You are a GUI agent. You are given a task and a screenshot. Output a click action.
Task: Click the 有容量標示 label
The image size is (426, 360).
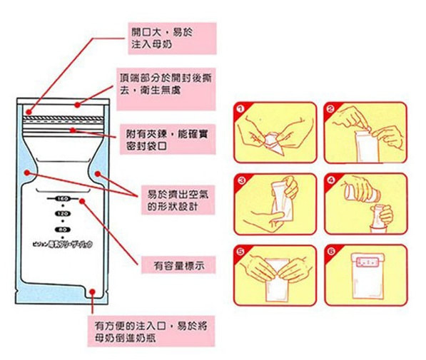click(178, 265)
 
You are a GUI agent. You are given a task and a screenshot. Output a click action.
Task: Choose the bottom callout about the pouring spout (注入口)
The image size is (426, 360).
click(150, 330)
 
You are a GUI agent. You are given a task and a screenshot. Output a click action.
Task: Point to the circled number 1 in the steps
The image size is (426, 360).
click(240, 110)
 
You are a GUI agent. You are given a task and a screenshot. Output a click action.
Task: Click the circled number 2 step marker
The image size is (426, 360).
click(330, 110)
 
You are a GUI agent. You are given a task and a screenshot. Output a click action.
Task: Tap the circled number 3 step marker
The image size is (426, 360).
click(240, 181)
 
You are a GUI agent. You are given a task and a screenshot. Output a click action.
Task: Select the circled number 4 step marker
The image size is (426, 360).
click(330, 181)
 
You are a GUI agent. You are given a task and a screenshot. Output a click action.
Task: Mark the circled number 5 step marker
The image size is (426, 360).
click(240, 252)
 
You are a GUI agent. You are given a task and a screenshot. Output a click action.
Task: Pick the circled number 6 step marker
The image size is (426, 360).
click(330, 252)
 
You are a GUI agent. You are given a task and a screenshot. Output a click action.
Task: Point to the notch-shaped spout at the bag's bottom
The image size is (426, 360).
click(93, 292)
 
